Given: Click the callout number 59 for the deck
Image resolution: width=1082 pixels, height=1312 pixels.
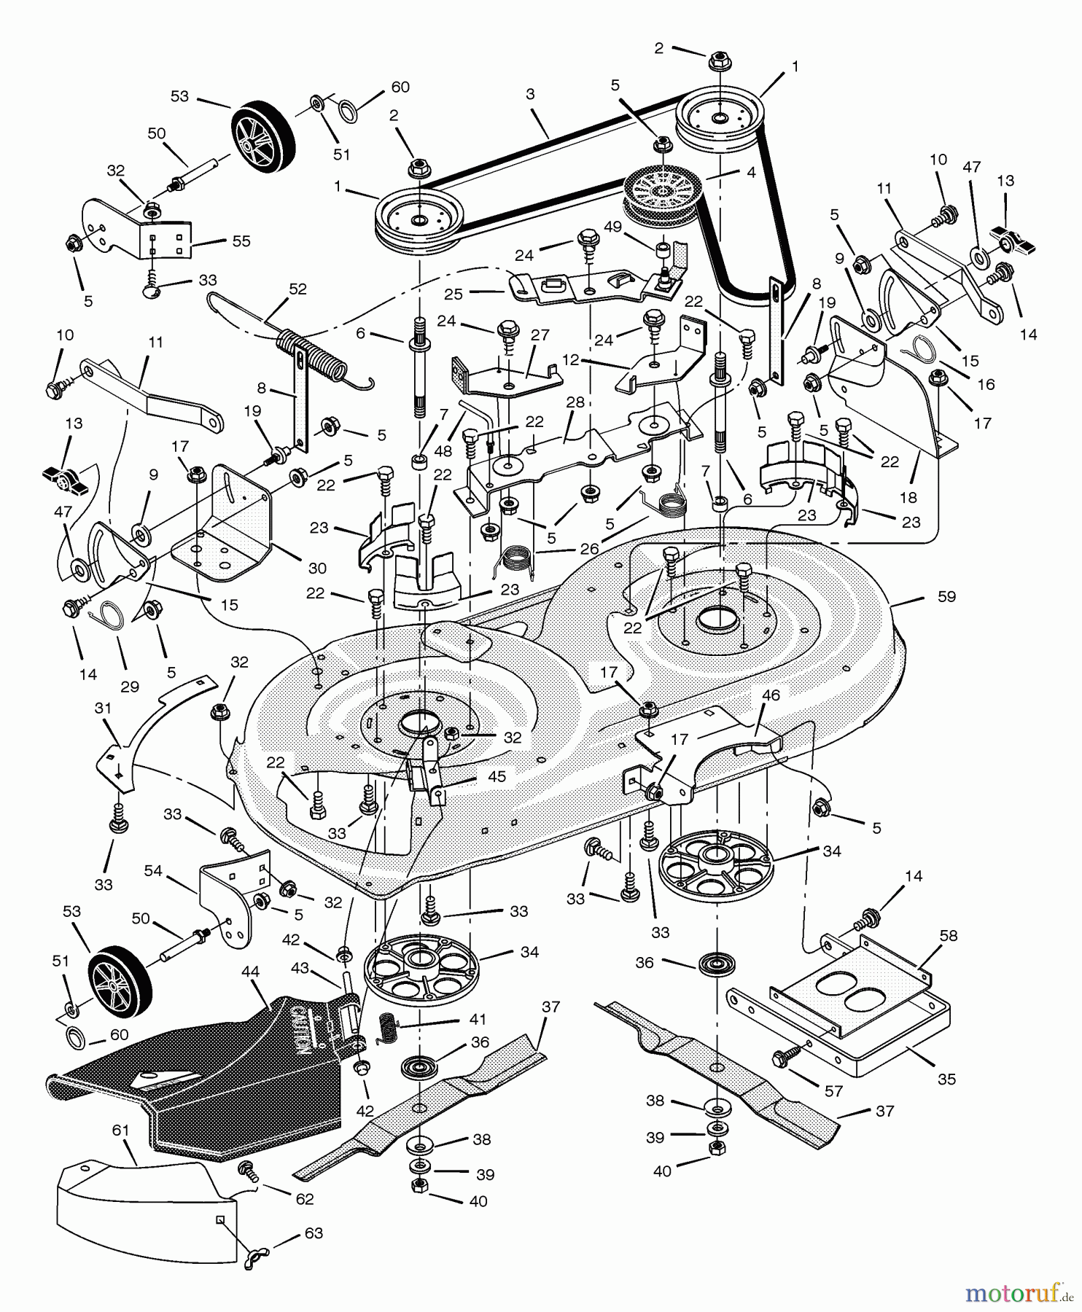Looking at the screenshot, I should tap(946, 596).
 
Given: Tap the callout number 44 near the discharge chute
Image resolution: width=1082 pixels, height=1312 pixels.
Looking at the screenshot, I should tap(251, 972).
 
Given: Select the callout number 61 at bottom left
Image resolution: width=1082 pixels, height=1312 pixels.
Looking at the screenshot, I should tap(120, 1131).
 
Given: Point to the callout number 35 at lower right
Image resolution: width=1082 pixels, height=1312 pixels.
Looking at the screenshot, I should tap(946, 1079).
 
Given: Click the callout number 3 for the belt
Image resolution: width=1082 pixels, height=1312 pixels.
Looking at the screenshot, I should tap(530, 94).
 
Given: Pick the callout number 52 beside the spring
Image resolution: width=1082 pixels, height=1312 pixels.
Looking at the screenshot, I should tap(297, 289).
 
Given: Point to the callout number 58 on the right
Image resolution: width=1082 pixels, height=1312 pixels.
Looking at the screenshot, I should tap(949, 935).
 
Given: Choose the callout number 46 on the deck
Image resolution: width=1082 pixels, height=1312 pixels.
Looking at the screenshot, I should tap(771, 695).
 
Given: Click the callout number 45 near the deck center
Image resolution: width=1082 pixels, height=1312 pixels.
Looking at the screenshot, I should tap(497, 777).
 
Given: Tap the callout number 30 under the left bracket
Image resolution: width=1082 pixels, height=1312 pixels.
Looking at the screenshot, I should tap(317, 568).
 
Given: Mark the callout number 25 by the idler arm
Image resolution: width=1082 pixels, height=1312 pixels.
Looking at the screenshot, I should tap(454, 295).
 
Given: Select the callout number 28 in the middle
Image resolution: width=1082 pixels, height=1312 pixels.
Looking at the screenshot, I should tap(575, 402).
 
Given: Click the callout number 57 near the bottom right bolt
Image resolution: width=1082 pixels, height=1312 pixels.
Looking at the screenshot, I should tap(833, 1091).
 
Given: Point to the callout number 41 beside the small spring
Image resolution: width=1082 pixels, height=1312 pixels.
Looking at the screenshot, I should tap(478, 1019).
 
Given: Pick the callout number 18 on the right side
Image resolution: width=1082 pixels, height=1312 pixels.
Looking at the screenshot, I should tap(908, 498).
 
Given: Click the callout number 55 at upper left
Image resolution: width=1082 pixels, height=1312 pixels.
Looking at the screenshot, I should tap(241, 241).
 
